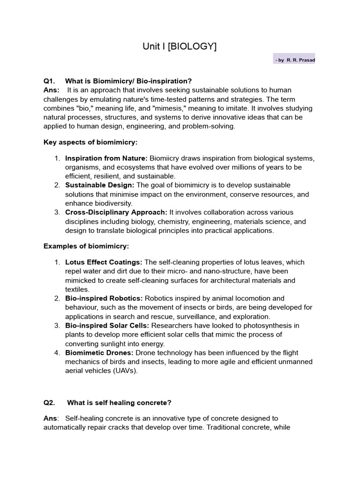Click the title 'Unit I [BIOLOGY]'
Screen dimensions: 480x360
(x=180, y=46)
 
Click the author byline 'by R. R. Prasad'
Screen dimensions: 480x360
(x=295, y=60)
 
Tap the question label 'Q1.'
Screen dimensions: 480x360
(x=50, y=81)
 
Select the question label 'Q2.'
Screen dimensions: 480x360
(x=50, y=402)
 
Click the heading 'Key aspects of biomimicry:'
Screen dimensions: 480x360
(x=90, y=142)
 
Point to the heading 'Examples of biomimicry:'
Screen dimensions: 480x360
(x=86, y=246)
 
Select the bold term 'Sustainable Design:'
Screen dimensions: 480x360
(x=100, y=185)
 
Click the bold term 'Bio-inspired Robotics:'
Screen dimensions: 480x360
(x=104, y=298)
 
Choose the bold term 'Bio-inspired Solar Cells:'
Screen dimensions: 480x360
(x=107, y=325)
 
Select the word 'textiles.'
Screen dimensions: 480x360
(x=77, y=289)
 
